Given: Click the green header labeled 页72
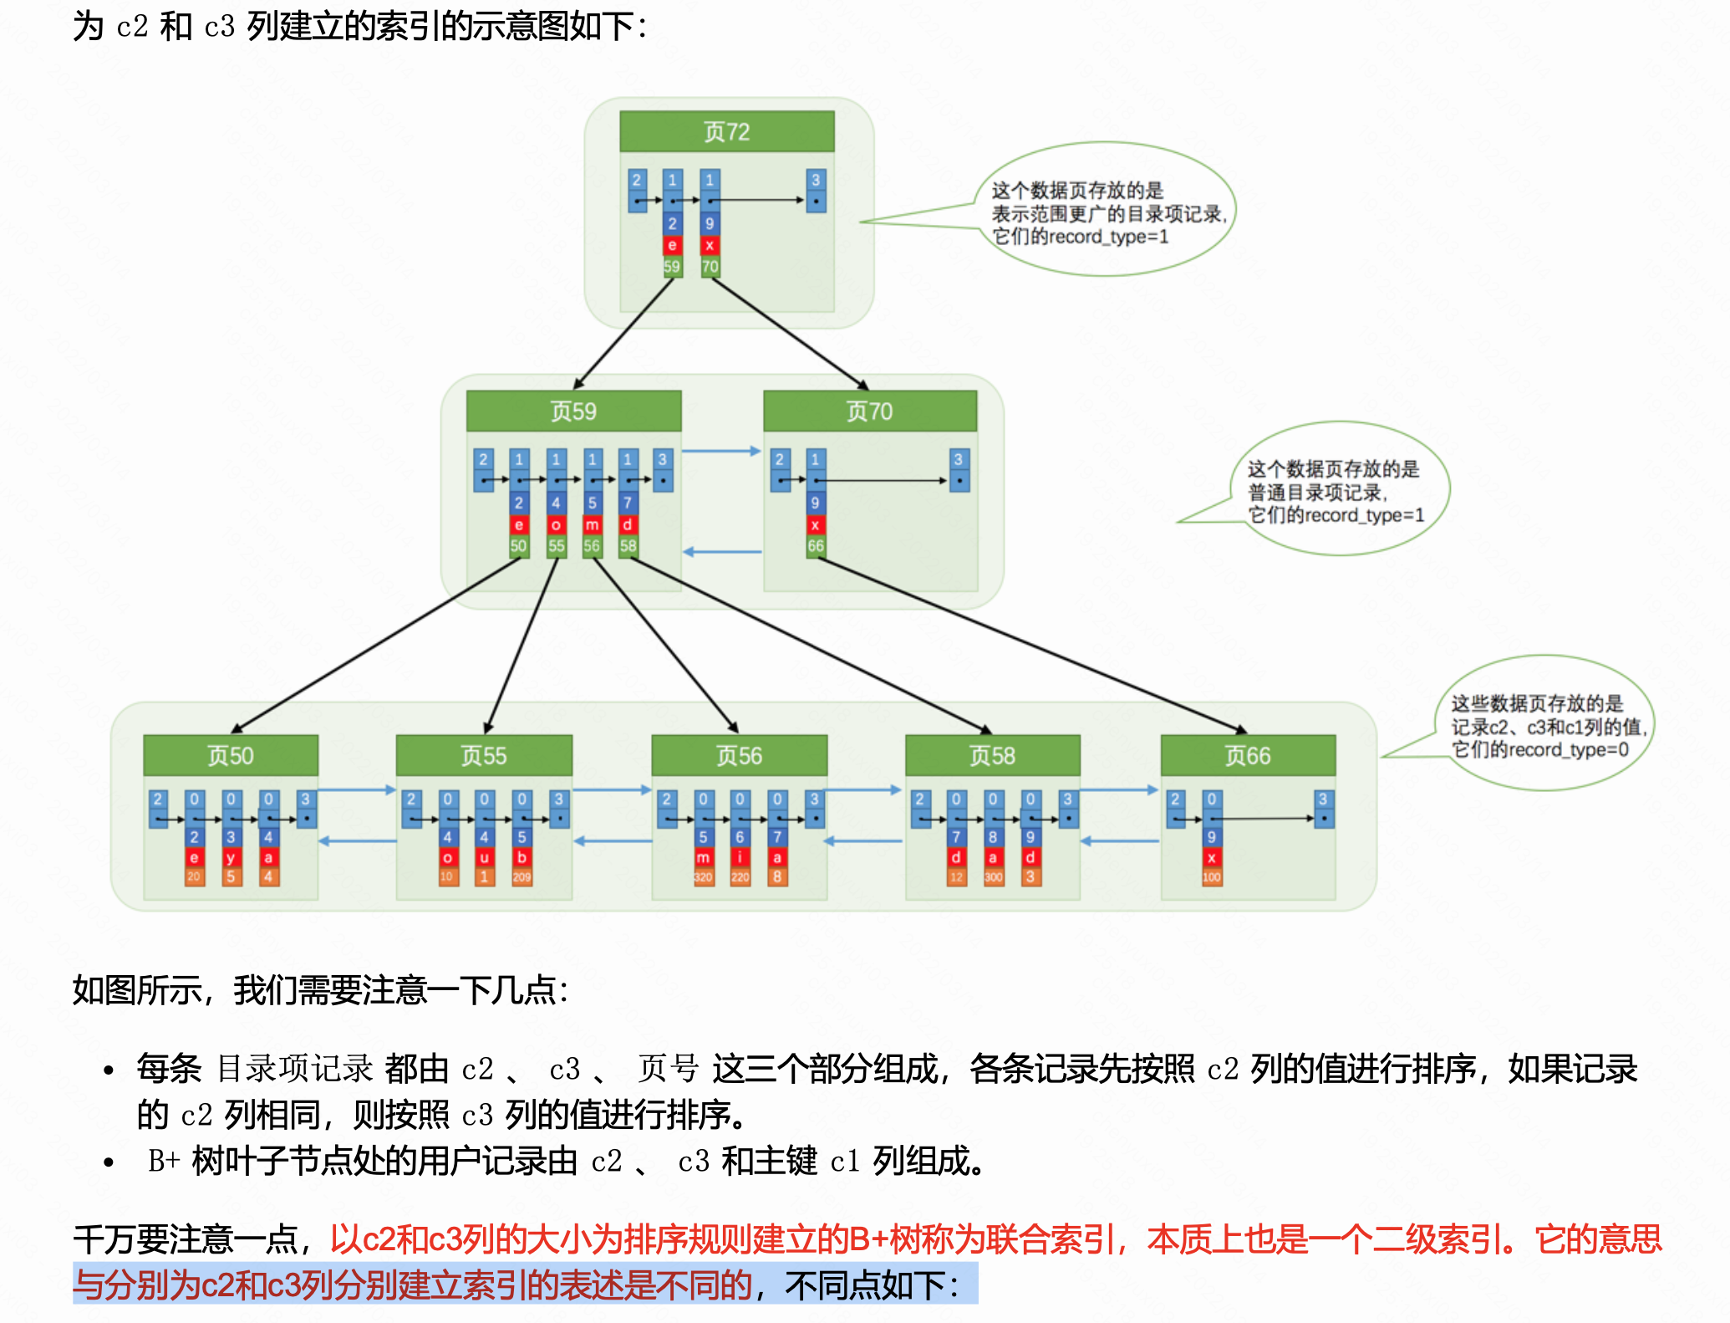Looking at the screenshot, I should coord(726,131).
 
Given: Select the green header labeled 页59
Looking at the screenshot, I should coord(573,411).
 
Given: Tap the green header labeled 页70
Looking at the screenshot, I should coord(869,411).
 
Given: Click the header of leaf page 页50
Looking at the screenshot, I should coord(231,755).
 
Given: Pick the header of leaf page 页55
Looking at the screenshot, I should coord(484,755).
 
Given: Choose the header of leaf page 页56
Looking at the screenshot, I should coord(739,755).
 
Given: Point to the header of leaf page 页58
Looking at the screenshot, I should coord(992,755).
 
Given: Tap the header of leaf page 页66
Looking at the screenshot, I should coord(1247,755).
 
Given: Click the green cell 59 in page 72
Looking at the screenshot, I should coord(672,267).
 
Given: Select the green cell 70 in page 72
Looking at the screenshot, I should coord(710,267).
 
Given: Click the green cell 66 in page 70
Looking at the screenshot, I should coord(816,546).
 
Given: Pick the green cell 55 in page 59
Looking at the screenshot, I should coord(556,546).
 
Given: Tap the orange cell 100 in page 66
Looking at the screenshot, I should coord(1211,877).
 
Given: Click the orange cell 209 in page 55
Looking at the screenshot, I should coord(522,877).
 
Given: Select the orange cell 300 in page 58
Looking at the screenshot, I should coord(993,877).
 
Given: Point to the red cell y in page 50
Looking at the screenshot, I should coord(231,857).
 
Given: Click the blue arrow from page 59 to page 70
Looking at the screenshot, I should coord(721,452).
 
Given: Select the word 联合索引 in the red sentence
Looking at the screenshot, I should coord(1050,1239).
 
